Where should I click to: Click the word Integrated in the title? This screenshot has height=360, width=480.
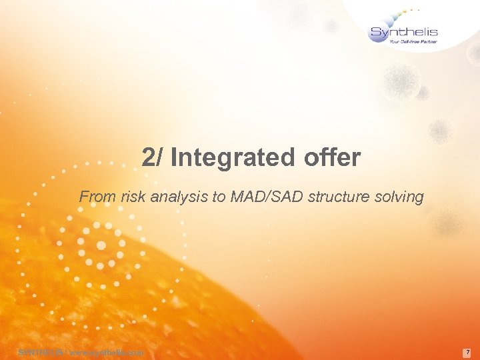click(233, 158)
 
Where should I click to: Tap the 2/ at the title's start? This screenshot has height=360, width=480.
click(153, 158)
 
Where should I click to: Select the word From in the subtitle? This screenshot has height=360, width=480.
click(95, 197)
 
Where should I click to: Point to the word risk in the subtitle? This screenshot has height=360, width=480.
click(129, 197)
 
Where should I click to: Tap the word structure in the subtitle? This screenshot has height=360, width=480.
click(333, 197)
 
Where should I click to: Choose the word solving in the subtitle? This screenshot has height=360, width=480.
click(399, 197)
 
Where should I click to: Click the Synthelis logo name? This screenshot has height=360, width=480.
click(403, 31)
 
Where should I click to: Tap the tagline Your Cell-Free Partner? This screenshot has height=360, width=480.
click(413, 41)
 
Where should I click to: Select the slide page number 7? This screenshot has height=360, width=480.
click(468, 351)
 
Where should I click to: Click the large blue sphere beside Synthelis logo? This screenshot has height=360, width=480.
click(378, 35)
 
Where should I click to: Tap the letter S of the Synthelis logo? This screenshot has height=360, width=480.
click(376, 32)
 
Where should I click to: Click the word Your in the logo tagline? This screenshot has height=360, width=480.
click(395, 41)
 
